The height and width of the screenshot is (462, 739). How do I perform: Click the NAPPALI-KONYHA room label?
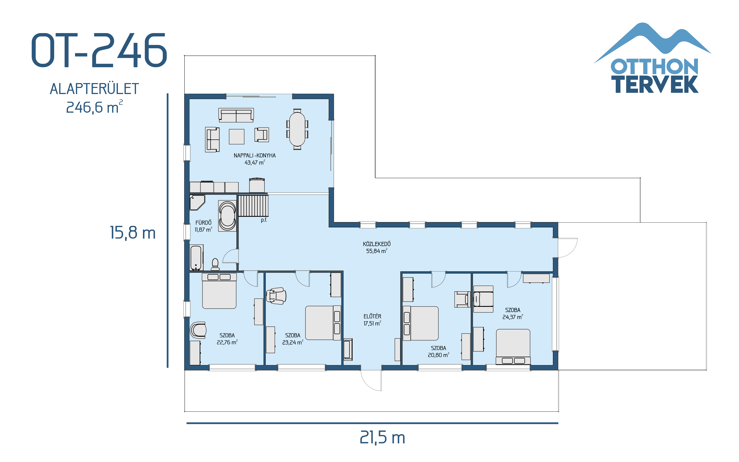pyautogui.click(x=254, y=159)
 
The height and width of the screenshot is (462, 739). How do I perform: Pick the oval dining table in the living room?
pyautogui.click(x=297, y=129)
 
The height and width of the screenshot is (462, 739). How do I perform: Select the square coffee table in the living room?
pyautogui.click(x=237, y=137)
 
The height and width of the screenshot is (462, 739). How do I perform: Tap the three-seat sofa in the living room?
pyautogui.click(x=236, y=115)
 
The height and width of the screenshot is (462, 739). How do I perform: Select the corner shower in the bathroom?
pyautogui.click(x=196, y=202)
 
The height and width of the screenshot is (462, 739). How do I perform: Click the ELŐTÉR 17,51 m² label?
pyautogui.click(x=372, y=320)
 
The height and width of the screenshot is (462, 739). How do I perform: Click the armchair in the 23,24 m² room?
pyautogui.click(x=276, y=296)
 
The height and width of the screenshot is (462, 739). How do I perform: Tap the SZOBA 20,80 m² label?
pyautogui.click(x=438, y=351)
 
